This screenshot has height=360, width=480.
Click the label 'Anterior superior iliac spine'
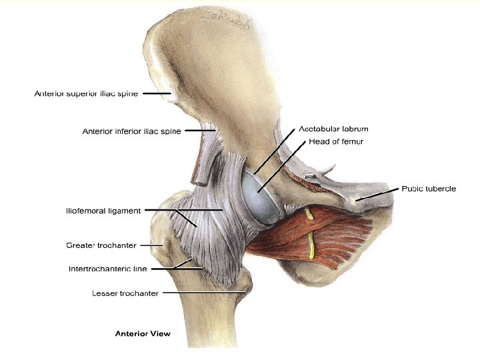[x=86, y=94]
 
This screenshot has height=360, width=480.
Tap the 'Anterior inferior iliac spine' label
[x=131, y=131]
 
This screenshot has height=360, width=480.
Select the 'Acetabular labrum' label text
[x=333, y=129]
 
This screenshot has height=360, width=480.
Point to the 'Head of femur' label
[x=335, y=141]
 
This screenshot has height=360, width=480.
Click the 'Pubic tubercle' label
[x=429, y=189]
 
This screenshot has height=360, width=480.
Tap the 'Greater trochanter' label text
[x=101, y=245]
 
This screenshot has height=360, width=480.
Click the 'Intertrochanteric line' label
[x=107, y=269]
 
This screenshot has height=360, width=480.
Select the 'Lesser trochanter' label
[x=125, y=293]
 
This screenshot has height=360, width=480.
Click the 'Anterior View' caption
[x=142, y=332]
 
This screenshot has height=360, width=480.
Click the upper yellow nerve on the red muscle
[x=309, y=215]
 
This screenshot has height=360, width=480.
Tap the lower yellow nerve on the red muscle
[x=311, y=246]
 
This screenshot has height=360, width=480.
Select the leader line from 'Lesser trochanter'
[x=203, y=292]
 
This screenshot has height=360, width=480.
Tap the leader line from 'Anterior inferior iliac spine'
[x=197, y=131]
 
